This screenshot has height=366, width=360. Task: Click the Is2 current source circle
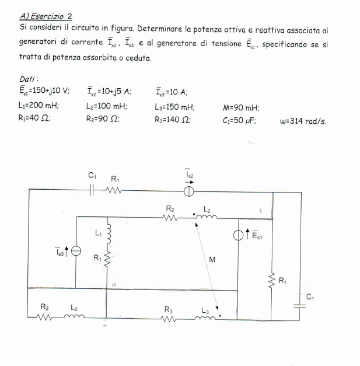tap(188, 191)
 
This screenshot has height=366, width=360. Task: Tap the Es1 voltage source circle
tap(238, 235)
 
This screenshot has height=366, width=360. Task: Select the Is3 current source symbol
tap(76, 251)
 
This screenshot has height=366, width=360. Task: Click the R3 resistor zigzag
tap(169, 319)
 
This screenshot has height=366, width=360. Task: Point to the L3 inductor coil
tap(205, 318)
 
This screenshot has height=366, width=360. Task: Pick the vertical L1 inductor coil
tap(109, 234)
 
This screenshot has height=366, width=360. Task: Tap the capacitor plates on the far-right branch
tap(299, 306)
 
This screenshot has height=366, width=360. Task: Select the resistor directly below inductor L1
tap(107, 259)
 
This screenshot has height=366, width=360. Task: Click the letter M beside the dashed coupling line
tap(212, 259)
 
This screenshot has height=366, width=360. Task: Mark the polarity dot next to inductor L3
tap(220, 316)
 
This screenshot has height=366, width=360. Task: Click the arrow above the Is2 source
tap(189, 182)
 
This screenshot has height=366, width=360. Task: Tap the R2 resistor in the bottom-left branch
tap(44, 317)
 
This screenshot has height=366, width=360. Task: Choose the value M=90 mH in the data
tap(241, 107)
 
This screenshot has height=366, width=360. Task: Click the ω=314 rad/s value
tap(303, 121)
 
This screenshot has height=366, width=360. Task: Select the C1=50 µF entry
tap(239, 120)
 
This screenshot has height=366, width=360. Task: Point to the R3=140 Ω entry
tap(173, 120)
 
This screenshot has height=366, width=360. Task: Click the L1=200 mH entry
tap(39, 106)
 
